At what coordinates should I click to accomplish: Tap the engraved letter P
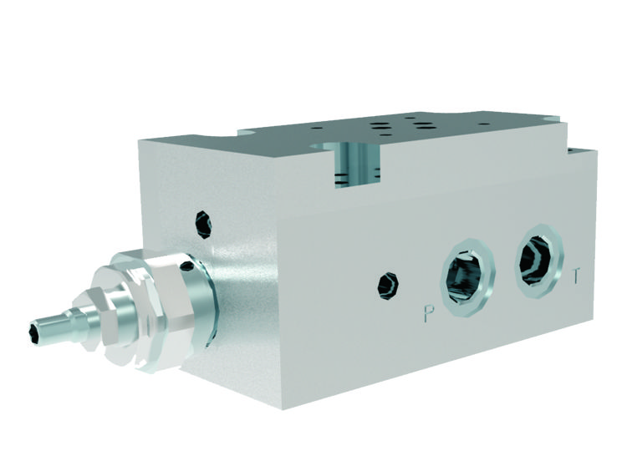tap(429, 315)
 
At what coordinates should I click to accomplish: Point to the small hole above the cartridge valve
tap(202, 222)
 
